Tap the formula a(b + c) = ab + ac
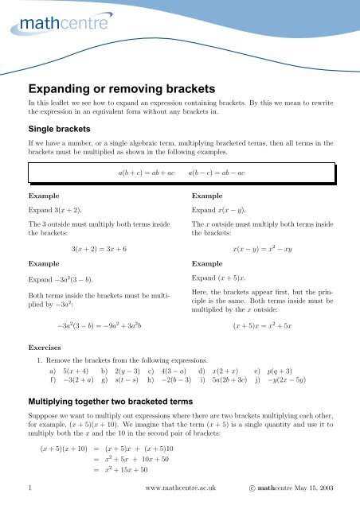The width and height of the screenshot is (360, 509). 146,173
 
